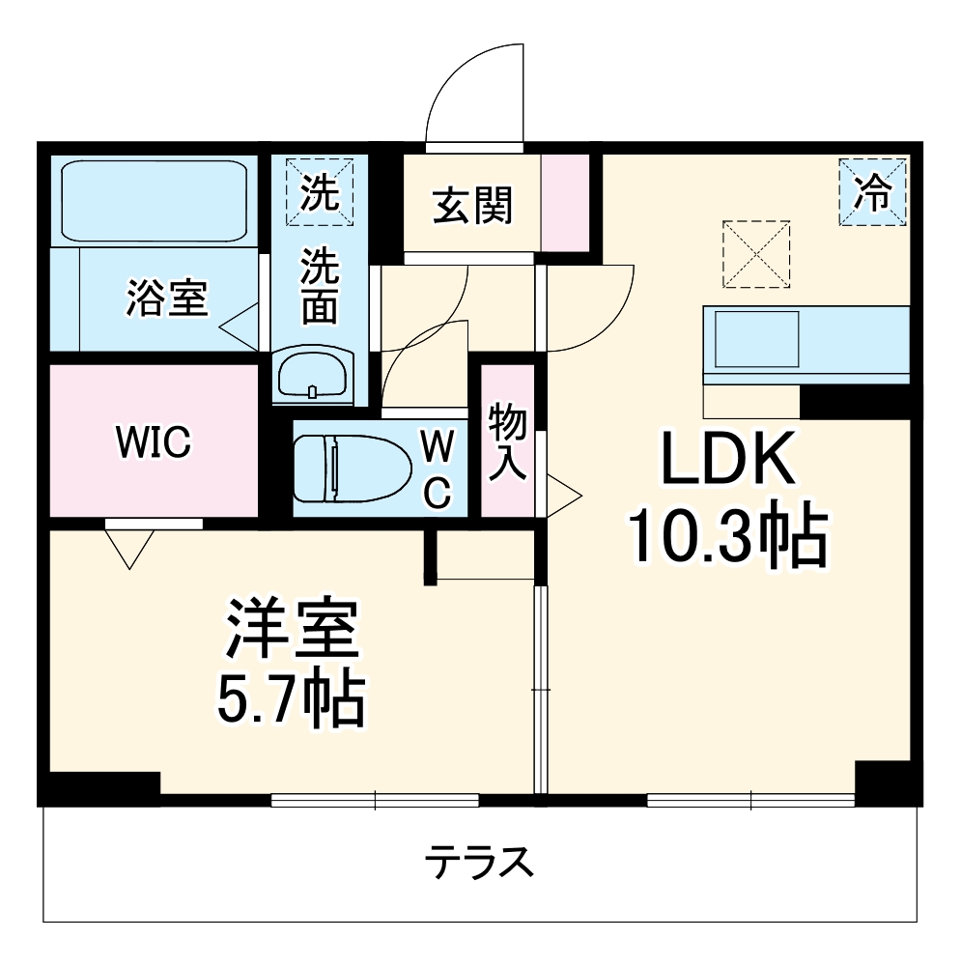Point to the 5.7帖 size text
click(289, 699)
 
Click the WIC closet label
click(153, 441)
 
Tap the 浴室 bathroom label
click(166, 299)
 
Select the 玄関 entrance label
click(471, 206)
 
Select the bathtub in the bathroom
click(155, 202)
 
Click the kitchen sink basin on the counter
click(756, 338)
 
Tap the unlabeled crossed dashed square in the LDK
click(756, 253)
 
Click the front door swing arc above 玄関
click(473, 92)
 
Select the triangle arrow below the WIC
click(129, 548)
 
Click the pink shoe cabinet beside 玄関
click(563, 202)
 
